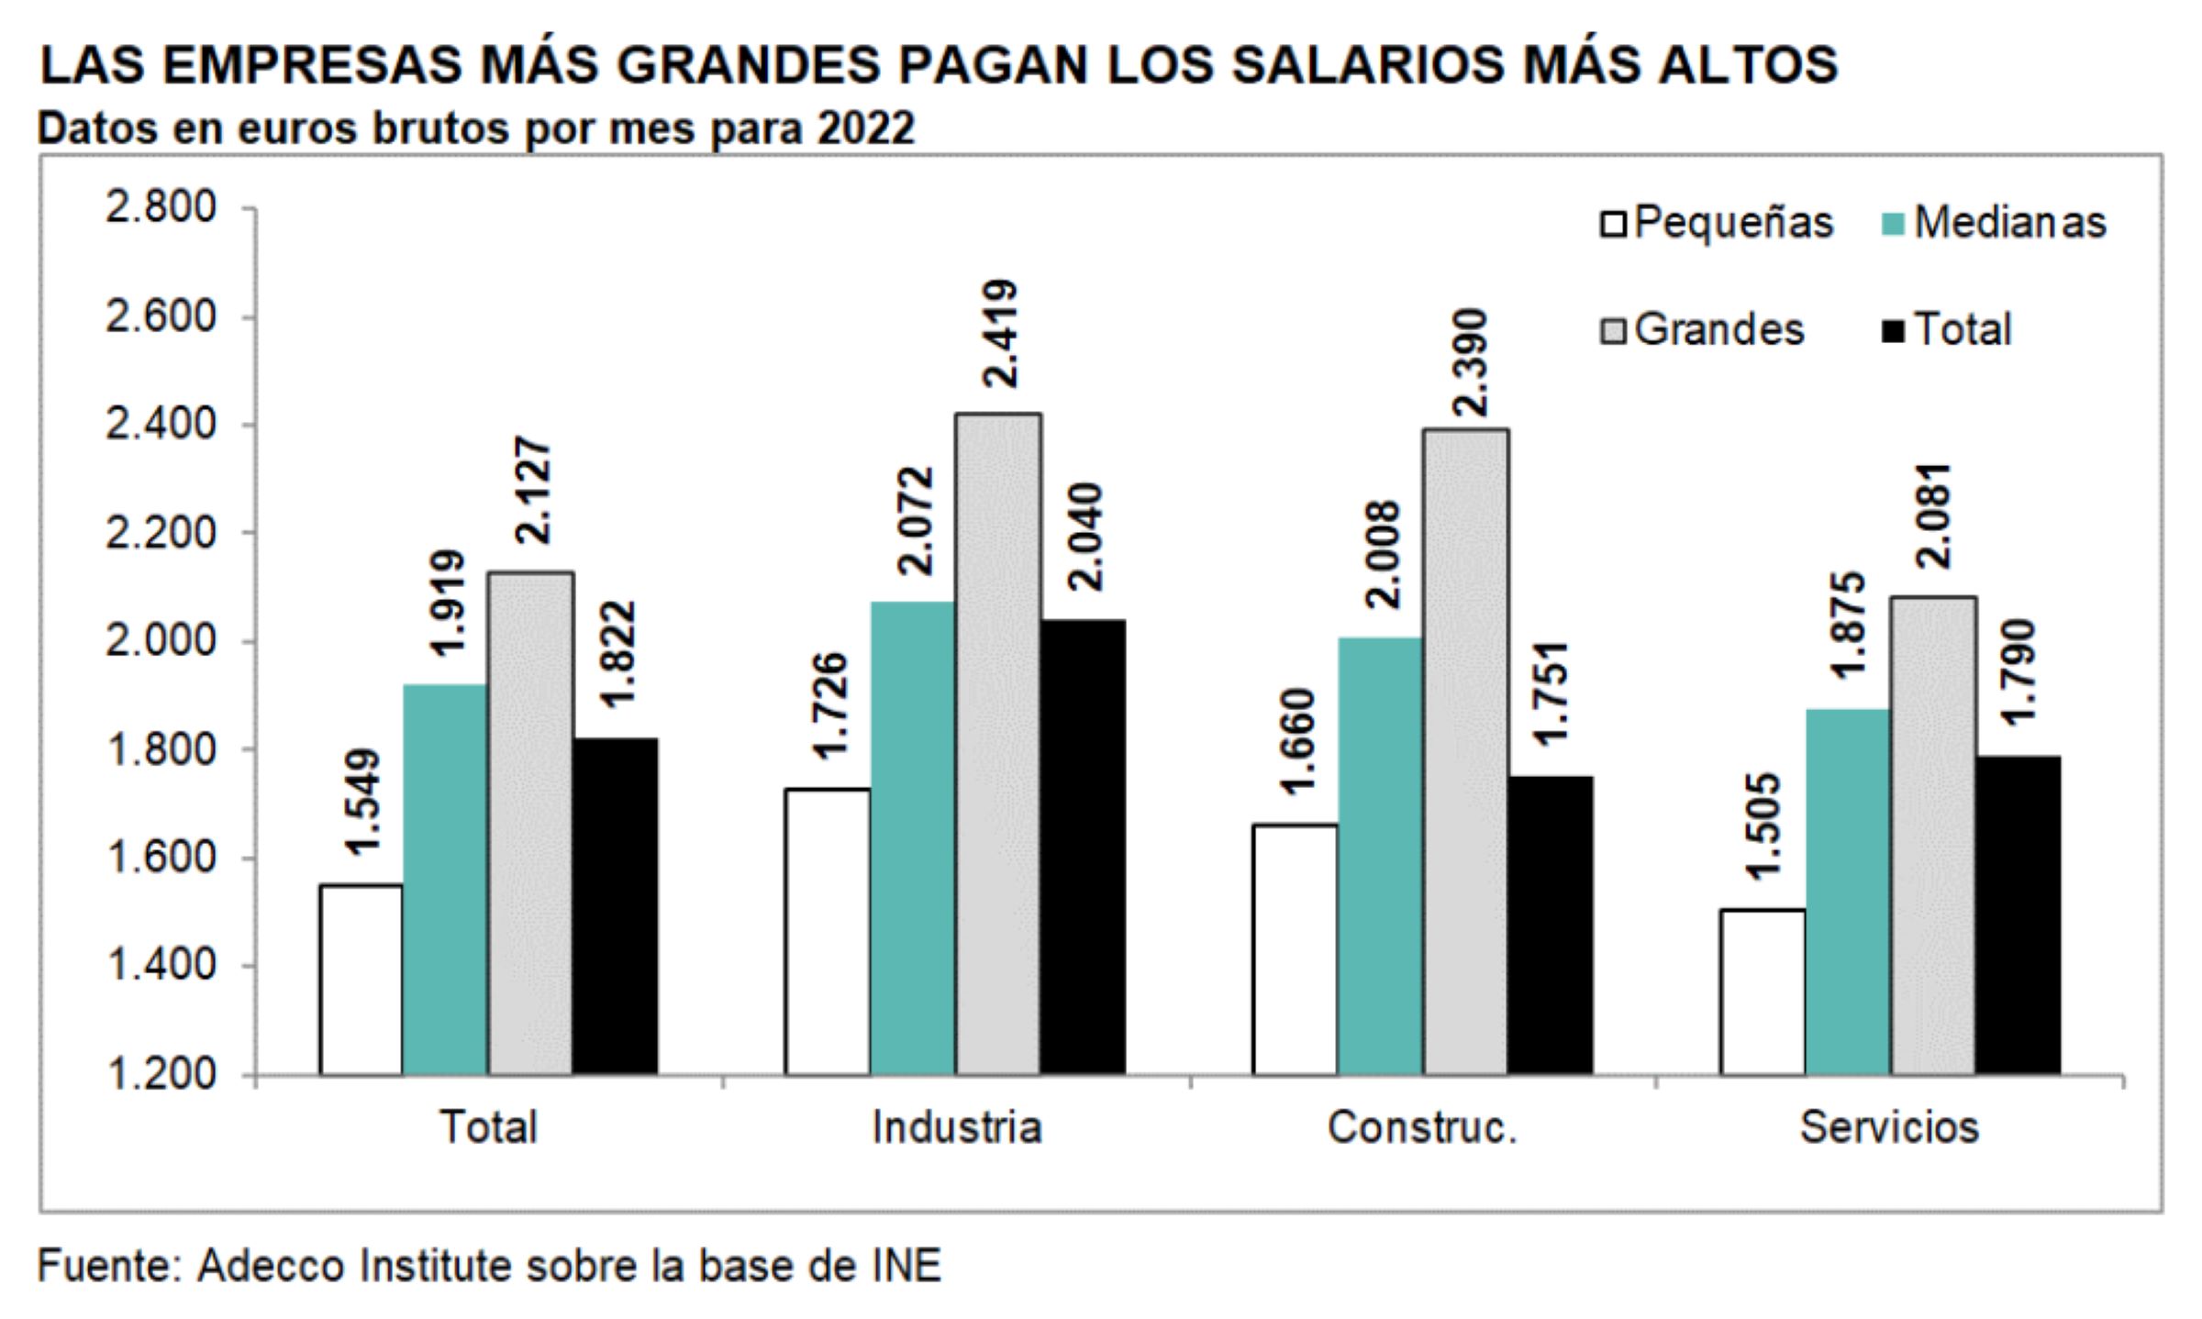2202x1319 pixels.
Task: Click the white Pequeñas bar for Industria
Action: coord(828,931)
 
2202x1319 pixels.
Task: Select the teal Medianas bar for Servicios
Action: coord(1847,892)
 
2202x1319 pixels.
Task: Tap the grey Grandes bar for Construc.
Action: coord(1465,751)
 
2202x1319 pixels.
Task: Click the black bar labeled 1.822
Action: coord(615,906)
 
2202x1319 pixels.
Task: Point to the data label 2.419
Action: coord(998,334)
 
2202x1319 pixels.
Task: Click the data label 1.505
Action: coord(1763,826)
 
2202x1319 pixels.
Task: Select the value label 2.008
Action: coord(1382,555)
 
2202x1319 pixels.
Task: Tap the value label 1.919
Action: coord(447,604)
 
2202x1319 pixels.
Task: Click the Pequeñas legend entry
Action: coord(1717,223)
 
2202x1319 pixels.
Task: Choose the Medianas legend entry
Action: coord(1993,223)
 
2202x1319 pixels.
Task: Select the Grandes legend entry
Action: coord(1703,329)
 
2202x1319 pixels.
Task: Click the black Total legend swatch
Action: coord(1892,330)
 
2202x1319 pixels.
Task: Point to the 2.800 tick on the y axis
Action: coord(161,208)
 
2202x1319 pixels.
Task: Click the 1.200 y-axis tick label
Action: coord(161,1073)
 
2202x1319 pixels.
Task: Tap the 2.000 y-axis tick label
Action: coord(161,641)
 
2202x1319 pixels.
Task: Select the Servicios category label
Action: coord(1889,1127)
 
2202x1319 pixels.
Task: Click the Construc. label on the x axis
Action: coord(1422,1127)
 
